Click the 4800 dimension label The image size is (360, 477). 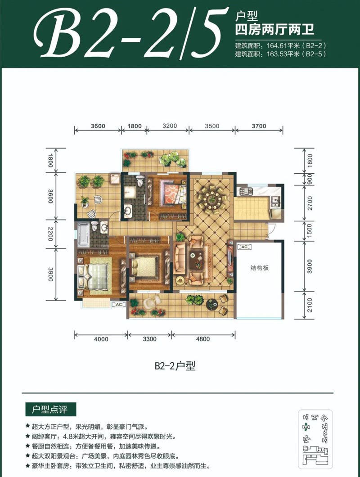(203, 339)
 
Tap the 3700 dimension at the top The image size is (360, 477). (259, 126)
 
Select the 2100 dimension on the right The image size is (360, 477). (310, 305)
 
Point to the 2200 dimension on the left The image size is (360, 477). (50, 234)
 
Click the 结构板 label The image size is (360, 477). (260, 268)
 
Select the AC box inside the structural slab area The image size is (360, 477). (244, 247)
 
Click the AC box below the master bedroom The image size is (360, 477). (119, 305)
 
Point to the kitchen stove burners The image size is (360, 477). (246, 191)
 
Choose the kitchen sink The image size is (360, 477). (275, 202)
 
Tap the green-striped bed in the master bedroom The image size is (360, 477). (93, 277)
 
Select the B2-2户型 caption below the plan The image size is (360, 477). (175, 365)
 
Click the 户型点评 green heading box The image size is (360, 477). (50, 409)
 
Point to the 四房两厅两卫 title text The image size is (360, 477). (275, 30)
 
